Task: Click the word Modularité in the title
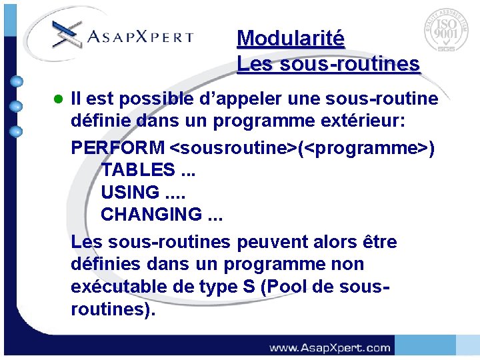tap(290, 38)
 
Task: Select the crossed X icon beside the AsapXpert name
tap(67, 33)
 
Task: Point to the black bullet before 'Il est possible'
tap(57, 100)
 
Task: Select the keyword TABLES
tap(138, 169)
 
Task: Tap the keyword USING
tap(130, 192)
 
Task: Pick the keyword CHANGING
tap(151, 215)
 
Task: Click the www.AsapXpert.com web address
tap(329, 347)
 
